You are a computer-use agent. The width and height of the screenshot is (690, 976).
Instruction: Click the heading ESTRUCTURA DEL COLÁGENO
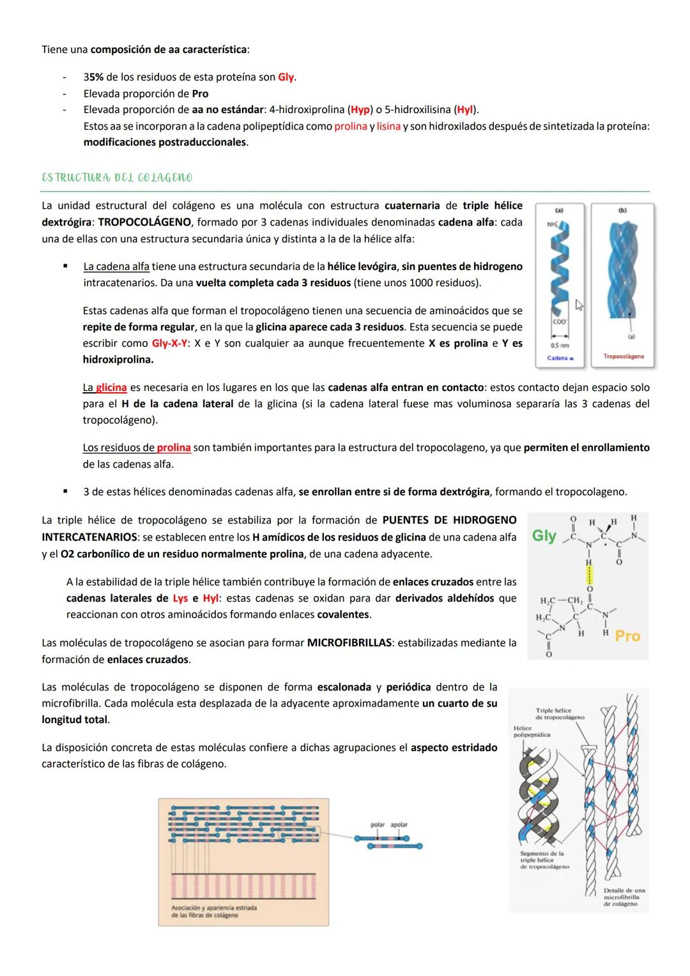(x=116, y=178)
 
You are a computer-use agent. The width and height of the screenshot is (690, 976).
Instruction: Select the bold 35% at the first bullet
(x=93, y=77)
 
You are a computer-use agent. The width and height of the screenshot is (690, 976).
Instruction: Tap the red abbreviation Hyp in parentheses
(x=360, y=110)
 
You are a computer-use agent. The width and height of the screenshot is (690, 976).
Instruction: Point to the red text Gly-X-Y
(x=170, y=344)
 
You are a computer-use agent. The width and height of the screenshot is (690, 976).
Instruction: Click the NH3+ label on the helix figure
(x=551, y=224)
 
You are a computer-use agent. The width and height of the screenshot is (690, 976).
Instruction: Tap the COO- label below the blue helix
(x=559, y=322)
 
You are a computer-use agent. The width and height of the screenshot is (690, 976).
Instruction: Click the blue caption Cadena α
(x=560, y=358)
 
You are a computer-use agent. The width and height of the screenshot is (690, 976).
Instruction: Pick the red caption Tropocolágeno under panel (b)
(x=623, y=356)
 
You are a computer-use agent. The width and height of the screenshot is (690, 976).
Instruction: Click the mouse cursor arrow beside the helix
(x=579, y=305)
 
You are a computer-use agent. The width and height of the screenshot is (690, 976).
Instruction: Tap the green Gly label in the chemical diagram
(x=544, y=536)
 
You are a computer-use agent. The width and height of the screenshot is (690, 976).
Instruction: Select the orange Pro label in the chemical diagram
(x=627, y=636)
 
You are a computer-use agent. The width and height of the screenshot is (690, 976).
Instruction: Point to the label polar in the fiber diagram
(x=378, y=825)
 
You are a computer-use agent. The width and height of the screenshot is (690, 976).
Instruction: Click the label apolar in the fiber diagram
(x=399, y=825)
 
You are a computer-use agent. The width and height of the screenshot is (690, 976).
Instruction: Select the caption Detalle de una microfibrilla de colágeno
(x=624, y=897)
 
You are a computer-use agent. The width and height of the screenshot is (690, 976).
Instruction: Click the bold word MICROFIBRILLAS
(x=349, y=643)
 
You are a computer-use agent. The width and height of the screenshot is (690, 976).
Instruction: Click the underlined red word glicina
(x=111, y=388)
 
